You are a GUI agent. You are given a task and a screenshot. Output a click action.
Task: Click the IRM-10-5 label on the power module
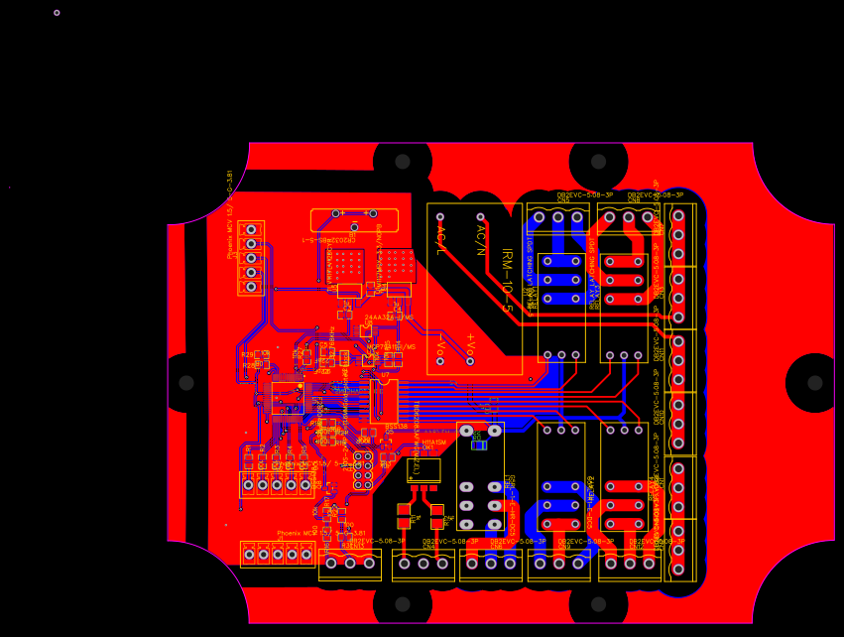[507, 280]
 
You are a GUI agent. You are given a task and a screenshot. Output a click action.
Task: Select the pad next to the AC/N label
[480, 216]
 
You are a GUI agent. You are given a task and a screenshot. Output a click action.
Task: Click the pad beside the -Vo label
[440, 361]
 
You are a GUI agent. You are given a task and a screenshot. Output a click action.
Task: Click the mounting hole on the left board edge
[186, 383]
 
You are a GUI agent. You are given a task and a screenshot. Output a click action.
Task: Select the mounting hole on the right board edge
[814, 383]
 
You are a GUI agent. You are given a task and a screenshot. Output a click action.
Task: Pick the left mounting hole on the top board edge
[403, 162]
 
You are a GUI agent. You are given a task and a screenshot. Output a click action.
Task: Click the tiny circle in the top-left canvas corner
[57, 13]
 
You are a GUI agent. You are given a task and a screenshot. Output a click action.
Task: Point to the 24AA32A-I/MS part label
[390, 318]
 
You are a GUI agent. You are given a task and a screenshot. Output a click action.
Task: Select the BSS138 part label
[396, 426]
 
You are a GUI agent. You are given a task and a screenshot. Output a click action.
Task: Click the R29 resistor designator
[247, 353]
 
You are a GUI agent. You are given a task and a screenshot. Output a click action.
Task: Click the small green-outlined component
[478, 445]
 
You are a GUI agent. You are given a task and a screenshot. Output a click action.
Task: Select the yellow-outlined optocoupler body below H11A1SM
[423, 469]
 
